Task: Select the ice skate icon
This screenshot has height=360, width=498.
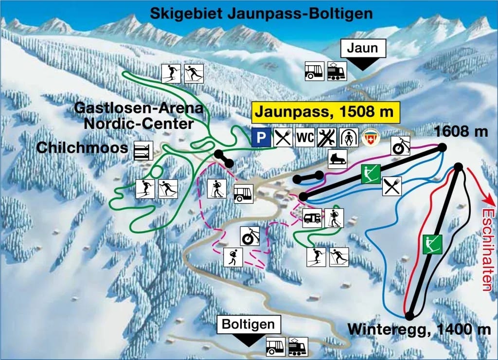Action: (337, 159)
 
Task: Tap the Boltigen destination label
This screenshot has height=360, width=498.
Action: (249, 324)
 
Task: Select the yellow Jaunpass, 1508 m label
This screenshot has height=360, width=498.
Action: (325, 112)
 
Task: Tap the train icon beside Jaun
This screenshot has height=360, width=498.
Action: (337, 71)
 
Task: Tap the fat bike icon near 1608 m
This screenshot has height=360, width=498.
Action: (400, 145)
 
